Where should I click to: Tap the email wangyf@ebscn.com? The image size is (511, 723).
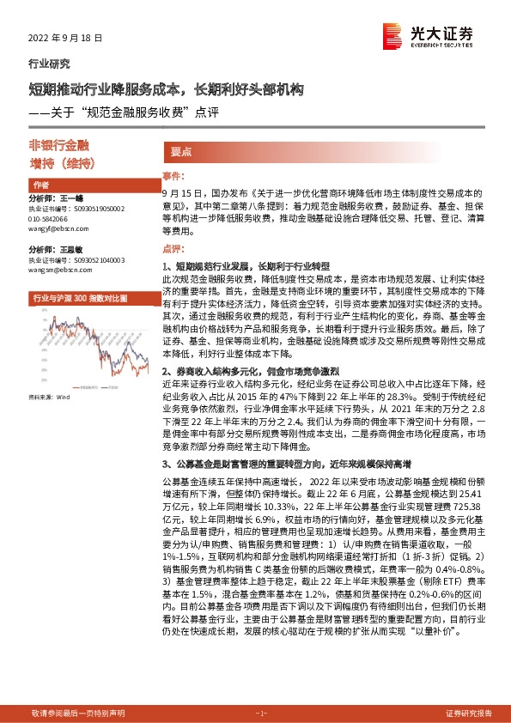click(55, 228)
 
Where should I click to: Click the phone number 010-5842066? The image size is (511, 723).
click(52, 218)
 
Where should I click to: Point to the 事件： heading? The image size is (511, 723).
click(173, 176)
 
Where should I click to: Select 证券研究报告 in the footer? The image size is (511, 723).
click(469, 714)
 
